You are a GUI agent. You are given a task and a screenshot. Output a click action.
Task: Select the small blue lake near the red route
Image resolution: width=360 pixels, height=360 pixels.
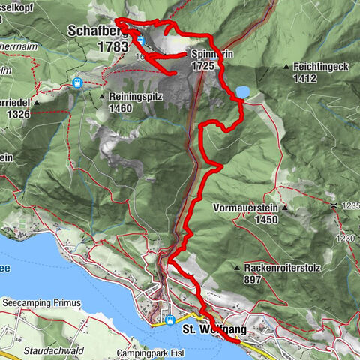243,91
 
